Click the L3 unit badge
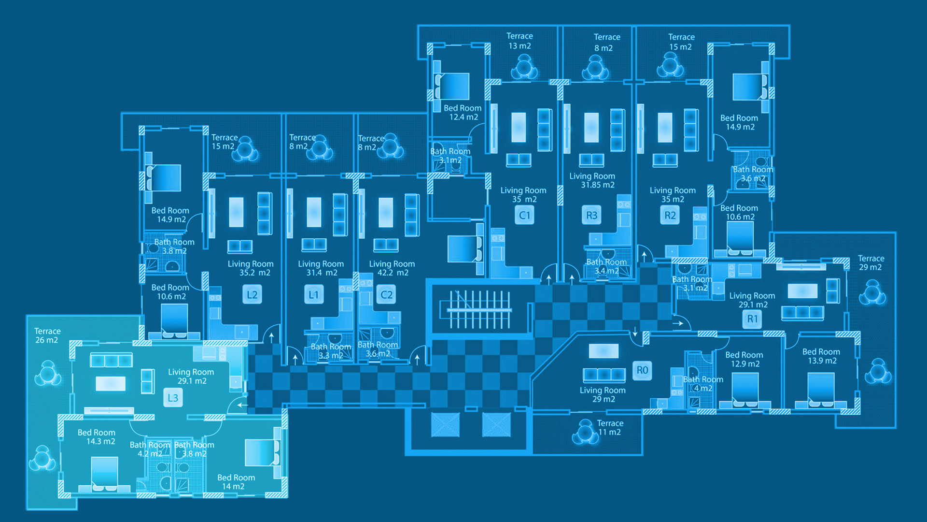(x=173, y=398)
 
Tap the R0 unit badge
(x=642, y=370)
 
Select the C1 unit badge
(x=524, y=215)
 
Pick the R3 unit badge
(x=591, y=215)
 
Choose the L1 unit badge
(x=314, y=294)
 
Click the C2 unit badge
(x=386, y=294)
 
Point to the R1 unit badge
(x=752, y=319)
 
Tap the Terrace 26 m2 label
(x=47, y=335)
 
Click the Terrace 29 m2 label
(x=871, y=263)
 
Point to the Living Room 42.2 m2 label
(x=392, y=268)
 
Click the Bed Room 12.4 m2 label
(x=463, y=113)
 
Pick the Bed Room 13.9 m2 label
(x=821, y=356)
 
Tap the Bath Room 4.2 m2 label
(x=150, y=449)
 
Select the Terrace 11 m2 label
(x=610, y=428)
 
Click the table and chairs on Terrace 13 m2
(x=524, y=67)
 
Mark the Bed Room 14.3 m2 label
(x=97, y=437)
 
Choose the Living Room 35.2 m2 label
(x=251, y=268)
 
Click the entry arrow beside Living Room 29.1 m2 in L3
(x=242, y=405)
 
